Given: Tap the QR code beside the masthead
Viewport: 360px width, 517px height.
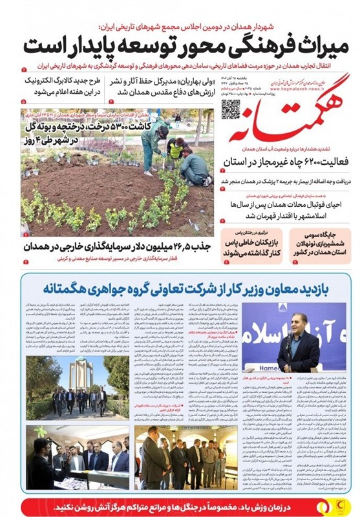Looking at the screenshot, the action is [x=231, y=109].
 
